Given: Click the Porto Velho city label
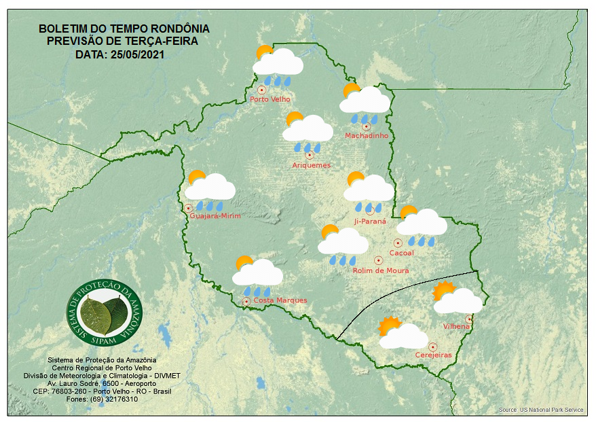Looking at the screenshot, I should click(270, 99).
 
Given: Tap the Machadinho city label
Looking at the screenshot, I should click(367, 136).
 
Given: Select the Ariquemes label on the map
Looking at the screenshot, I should click(311, 165).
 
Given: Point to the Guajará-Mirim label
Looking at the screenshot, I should click(216, 216).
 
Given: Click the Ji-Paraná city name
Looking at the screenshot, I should click(370, 222).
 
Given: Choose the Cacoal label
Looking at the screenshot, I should click(402, 253).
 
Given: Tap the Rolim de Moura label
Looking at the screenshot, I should click(381, 270).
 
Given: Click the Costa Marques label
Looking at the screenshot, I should click(280, 300).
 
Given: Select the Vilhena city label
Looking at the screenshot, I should click(456, 326).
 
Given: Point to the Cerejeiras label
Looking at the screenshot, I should click(433, 355).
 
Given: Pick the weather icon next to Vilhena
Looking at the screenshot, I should click(457, 298).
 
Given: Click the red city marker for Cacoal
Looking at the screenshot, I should click(398, 243).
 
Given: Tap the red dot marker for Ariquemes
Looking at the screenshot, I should click(310, 155).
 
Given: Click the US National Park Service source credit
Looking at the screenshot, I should click(541, 410).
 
